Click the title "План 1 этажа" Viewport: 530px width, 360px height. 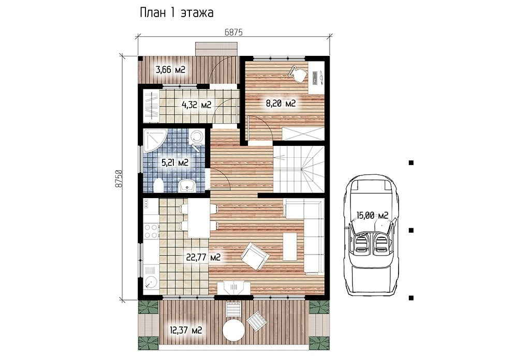pos(176,13)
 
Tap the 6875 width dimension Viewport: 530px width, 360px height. pos(233,32)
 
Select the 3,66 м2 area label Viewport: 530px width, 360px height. pos(170,70)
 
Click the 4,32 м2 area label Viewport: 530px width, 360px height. pos(196,105)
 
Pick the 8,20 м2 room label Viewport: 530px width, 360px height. pos(281,103)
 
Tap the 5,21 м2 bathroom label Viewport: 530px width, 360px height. pos(175,163)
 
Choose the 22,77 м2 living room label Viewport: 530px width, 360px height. pos(203,258)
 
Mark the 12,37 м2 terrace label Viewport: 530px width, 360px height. pos(186,329)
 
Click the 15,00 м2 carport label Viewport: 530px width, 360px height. pos(372,216)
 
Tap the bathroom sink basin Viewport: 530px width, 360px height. pos(186,185)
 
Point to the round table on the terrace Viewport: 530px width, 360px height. pos(233,331)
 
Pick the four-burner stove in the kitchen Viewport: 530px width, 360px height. pos(151,231)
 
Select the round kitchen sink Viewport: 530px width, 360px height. pos(151,282)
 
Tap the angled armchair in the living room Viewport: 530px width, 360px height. pos(255,256)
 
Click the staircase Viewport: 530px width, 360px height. pos(299,169)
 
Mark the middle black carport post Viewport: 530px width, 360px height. pos(411,230)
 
